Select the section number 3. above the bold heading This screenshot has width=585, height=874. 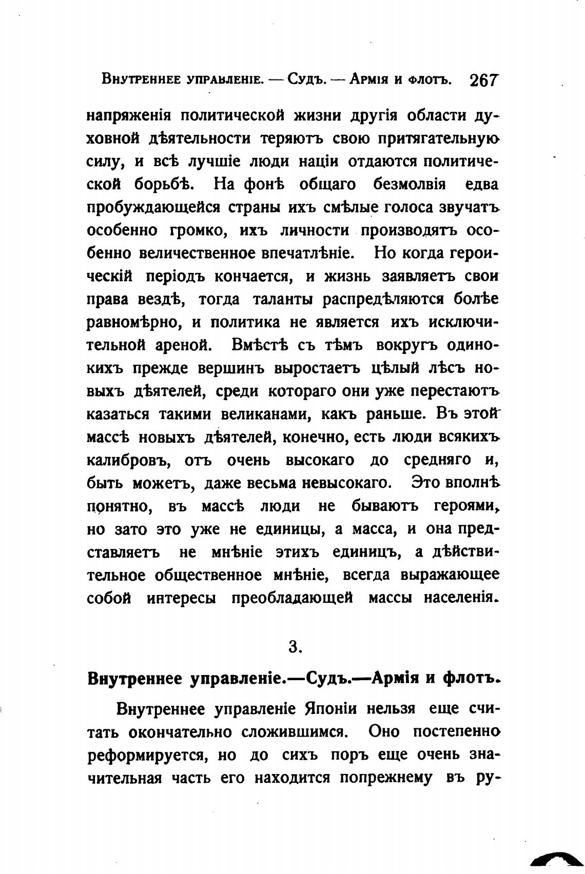coord(294,647)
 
